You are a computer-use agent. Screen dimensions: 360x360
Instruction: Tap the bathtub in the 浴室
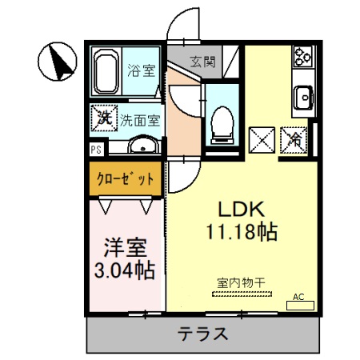tap(106, 71)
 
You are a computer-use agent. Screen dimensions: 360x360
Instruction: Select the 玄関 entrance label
tap(202, 62)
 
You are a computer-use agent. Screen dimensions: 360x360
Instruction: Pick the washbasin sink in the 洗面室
tap(142, 146)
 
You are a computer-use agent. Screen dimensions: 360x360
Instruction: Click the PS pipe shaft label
tap(95, 149)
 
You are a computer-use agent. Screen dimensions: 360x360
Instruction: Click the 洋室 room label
tap(123, 246)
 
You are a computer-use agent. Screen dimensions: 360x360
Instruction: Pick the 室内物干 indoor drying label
tap(241, 281)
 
